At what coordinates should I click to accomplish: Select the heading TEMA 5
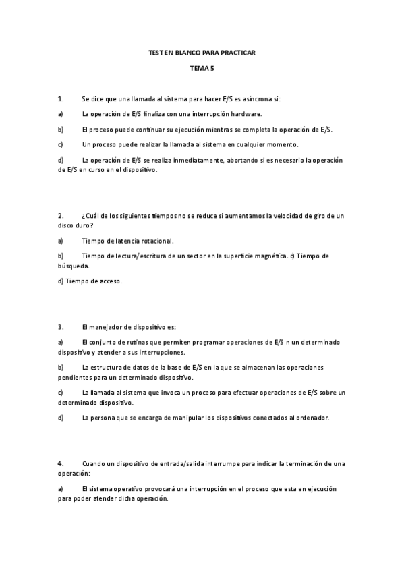pos(202,68)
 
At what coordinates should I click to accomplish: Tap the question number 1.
pos(61,98)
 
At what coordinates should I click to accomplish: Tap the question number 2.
pos(61,216)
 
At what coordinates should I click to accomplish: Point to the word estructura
pos(109,368)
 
